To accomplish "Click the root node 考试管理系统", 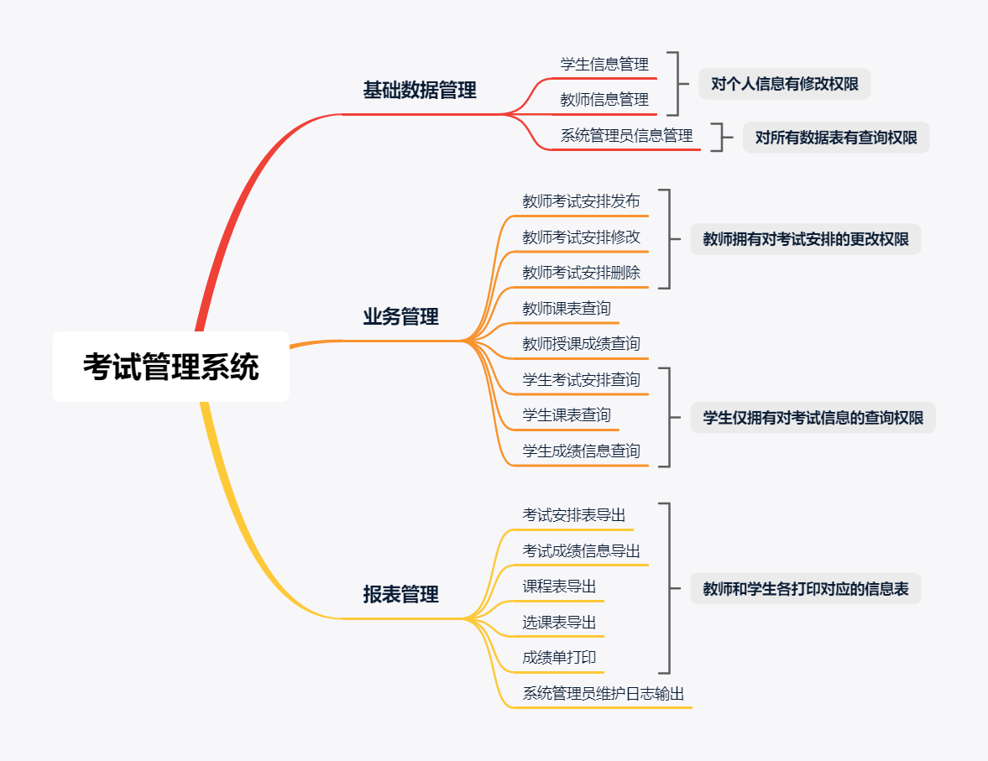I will click(171, 367).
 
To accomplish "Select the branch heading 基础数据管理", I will click(419, 91).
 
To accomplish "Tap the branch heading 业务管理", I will click(400, 317).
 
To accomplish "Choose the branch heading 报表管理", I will click(400, 595).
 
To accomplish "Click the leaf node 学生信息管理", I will click(604, 64).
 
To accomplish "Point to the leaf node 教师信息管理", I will click(604, 100).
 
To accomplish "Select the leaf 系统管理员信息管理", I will click(626, 136).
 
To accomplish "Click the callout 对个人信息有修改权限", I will click(784, 84).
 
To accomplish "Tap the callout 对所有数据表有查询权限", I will click(836, 138).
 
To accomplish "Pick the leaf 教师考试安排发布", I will click(581, 201).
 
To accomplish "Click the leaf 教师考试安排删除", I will click(581, 273).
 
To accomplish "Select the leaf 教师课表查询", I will click(567, 309).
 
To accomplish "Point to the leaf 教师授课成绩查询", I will click(581, 344).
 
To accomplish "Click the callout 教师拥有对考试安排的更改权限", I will click(806, 239).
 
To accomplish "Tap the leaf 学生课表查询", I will click(567, 415).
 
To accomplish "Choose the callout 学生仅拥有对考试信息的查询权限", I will click(813, 418).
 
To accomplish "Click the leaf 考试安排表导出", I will click(574, 515).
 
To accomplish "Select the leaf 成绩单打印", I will click(559, 658).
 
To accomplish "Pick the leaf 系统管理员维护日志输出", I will click(604, 694).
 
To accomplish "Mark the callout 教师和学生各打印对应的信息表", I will click(806, 589).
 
